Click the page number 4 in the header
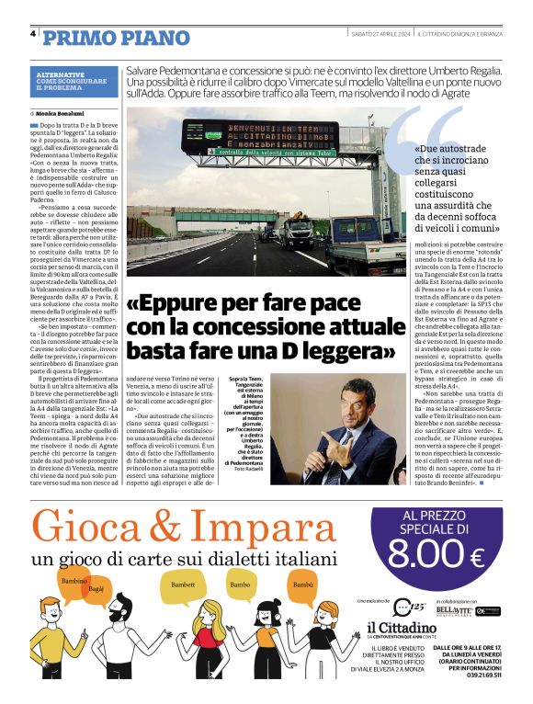pos(32,35)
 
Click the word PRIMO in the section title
pos(77,37)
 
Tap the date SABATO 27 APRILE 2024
pos(380,35)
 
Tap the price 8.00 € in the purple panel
pos(436,553)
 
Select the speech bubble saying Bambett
pos(184,585)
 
